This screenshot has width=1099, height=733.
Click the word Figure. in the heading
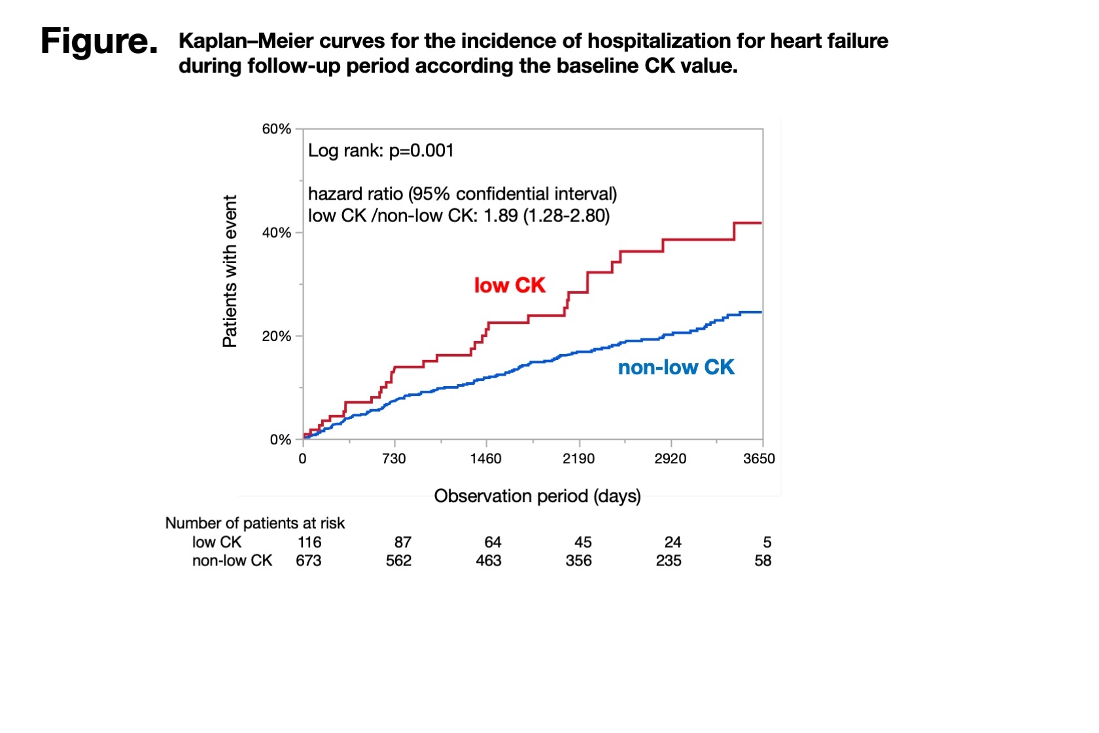coord(99,41)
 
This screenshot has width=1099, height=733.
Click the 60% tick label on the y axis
coord(276,129)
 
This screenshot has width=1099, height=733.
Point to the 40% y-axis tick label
coord(276,233)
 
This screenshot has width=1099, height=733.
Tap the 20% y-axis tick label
coord(276,336)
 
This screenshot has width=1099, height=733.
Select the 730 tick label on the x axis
coord(394,459)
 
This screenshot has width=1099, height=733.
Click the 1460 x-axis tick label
coord(485,459)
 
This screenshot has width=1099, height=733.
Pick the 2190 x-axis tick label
coord(578,459)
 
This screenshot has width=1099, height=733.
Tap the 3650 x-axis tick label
coord(759,459)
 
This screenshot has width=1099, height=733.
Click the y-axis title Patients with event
coord(230,271)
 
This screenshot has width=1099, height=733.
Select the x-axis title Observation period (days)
coord(537,496)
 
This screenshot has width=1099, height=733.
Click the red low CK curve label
coord(510,285)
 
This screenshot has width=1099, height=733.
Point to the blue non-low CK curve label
coord(676,368)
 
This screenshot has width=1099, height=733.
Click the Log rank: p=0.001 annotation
coord(381,151)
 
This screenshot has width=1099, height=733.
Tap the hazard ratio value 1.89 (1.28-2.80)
coord(546,216)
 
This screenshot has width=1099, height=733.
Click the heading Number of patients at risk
coord(254,523)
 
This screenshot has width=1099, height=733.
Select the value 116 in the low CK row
coord(309,542)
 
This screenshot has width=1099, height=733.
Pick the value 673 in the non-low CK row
coord(308,561)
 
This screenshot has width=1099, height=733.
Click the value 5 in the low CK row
coord(767,542)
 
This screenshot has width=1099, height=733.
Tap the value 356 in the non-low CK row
coord(578,561)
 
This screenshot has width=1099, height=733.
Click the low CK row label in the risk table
coord(217,542)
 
